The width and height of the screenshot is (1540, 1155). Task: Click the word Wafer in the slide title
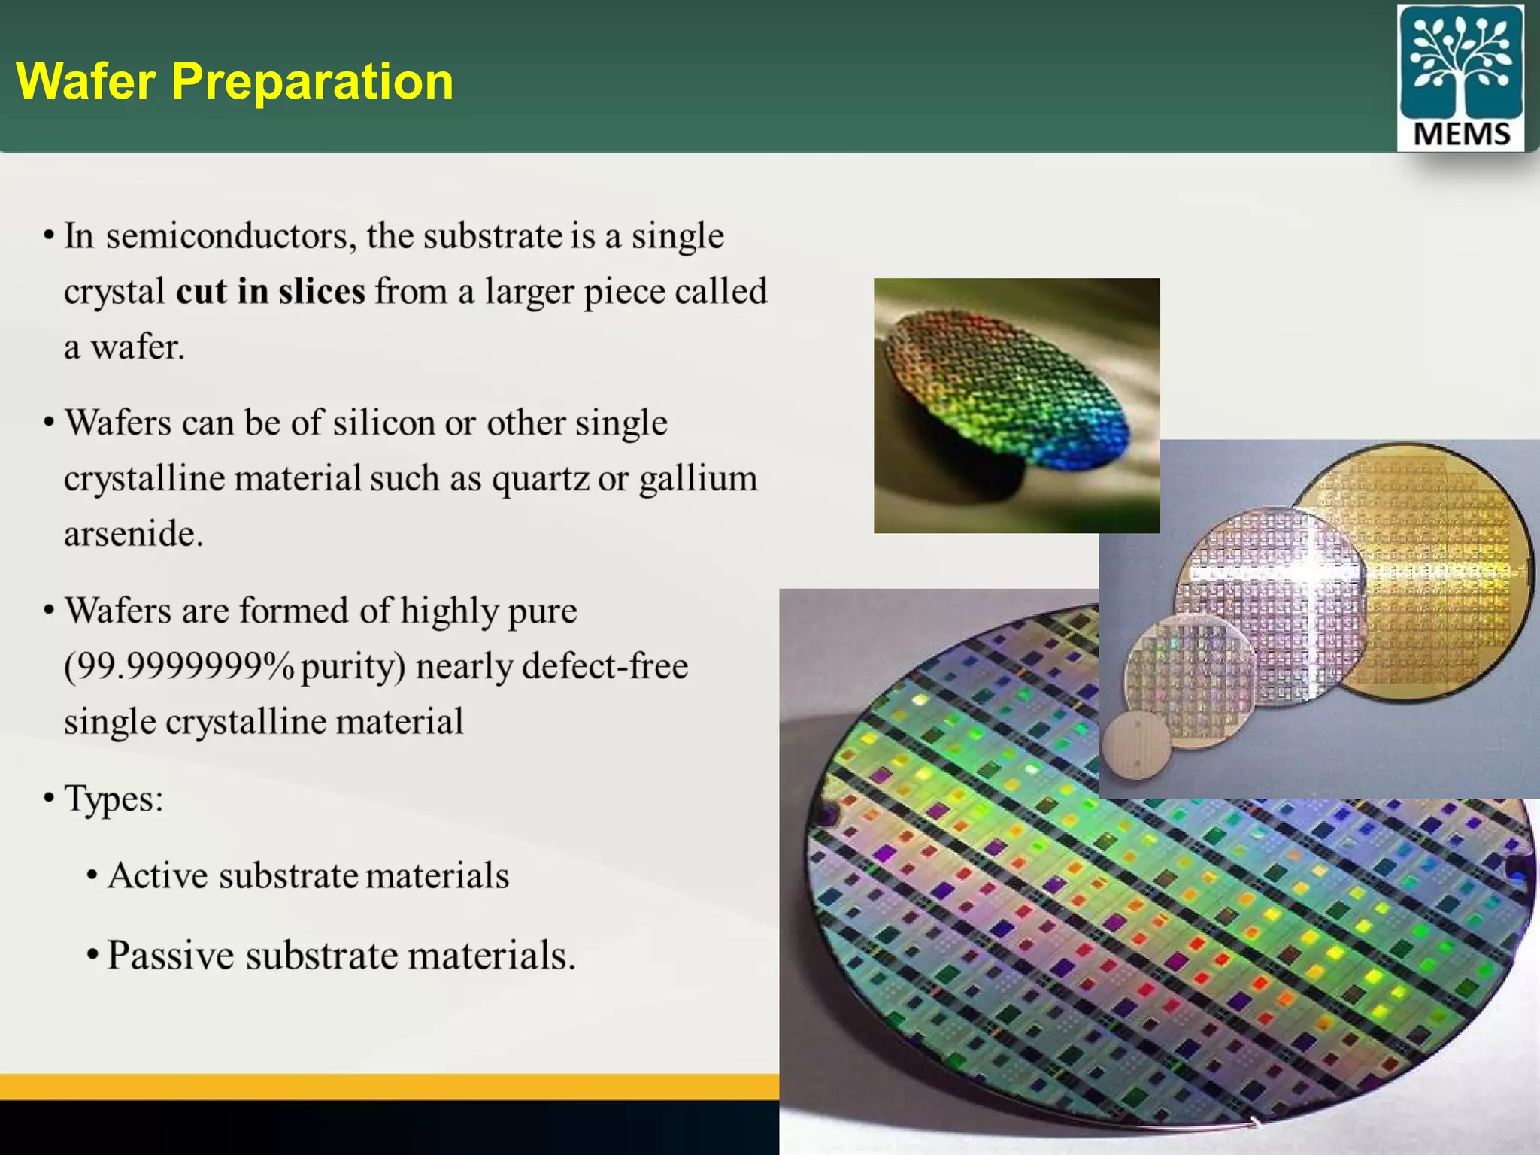point(86,81)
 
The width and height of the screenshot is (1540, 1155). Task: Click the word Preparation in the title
point(312,81)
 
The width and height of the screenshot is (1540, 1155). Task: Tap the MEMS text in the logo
point(1461,134)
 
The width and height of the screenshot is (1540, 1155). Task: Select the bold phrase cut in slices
point(271,292)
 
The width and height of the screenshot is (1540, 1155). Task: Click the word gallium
point(698,479)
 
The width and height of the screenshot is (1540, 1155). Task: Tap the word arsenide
point(133,534)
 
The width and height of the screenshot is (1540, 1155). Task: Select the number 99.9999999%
point(180,666)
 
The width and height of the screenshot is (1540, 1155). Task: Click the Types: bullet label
point(113,799)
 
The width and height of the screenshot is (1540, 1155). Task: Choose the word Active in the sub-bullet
point(157,876)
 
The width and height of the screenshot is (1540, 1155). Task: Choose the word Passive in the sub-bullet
point(170,956)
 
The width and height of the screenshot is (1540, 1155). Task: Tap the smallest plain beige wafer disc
point(1136,744)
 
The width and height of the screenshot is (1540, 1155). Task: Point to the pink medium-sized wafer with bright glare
point(1271,602)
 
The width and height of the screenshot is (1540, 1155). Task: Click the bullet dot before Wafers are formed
point(49,610)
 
